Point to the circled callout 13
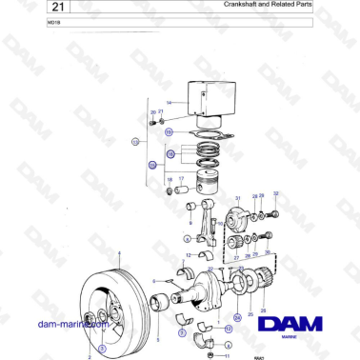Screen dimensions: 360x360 [x=134, y=141]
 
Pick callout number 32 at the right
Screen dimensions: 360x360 [x=275, y=193]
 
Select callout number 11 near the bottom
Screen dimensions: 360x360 [x=226, y=353]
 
